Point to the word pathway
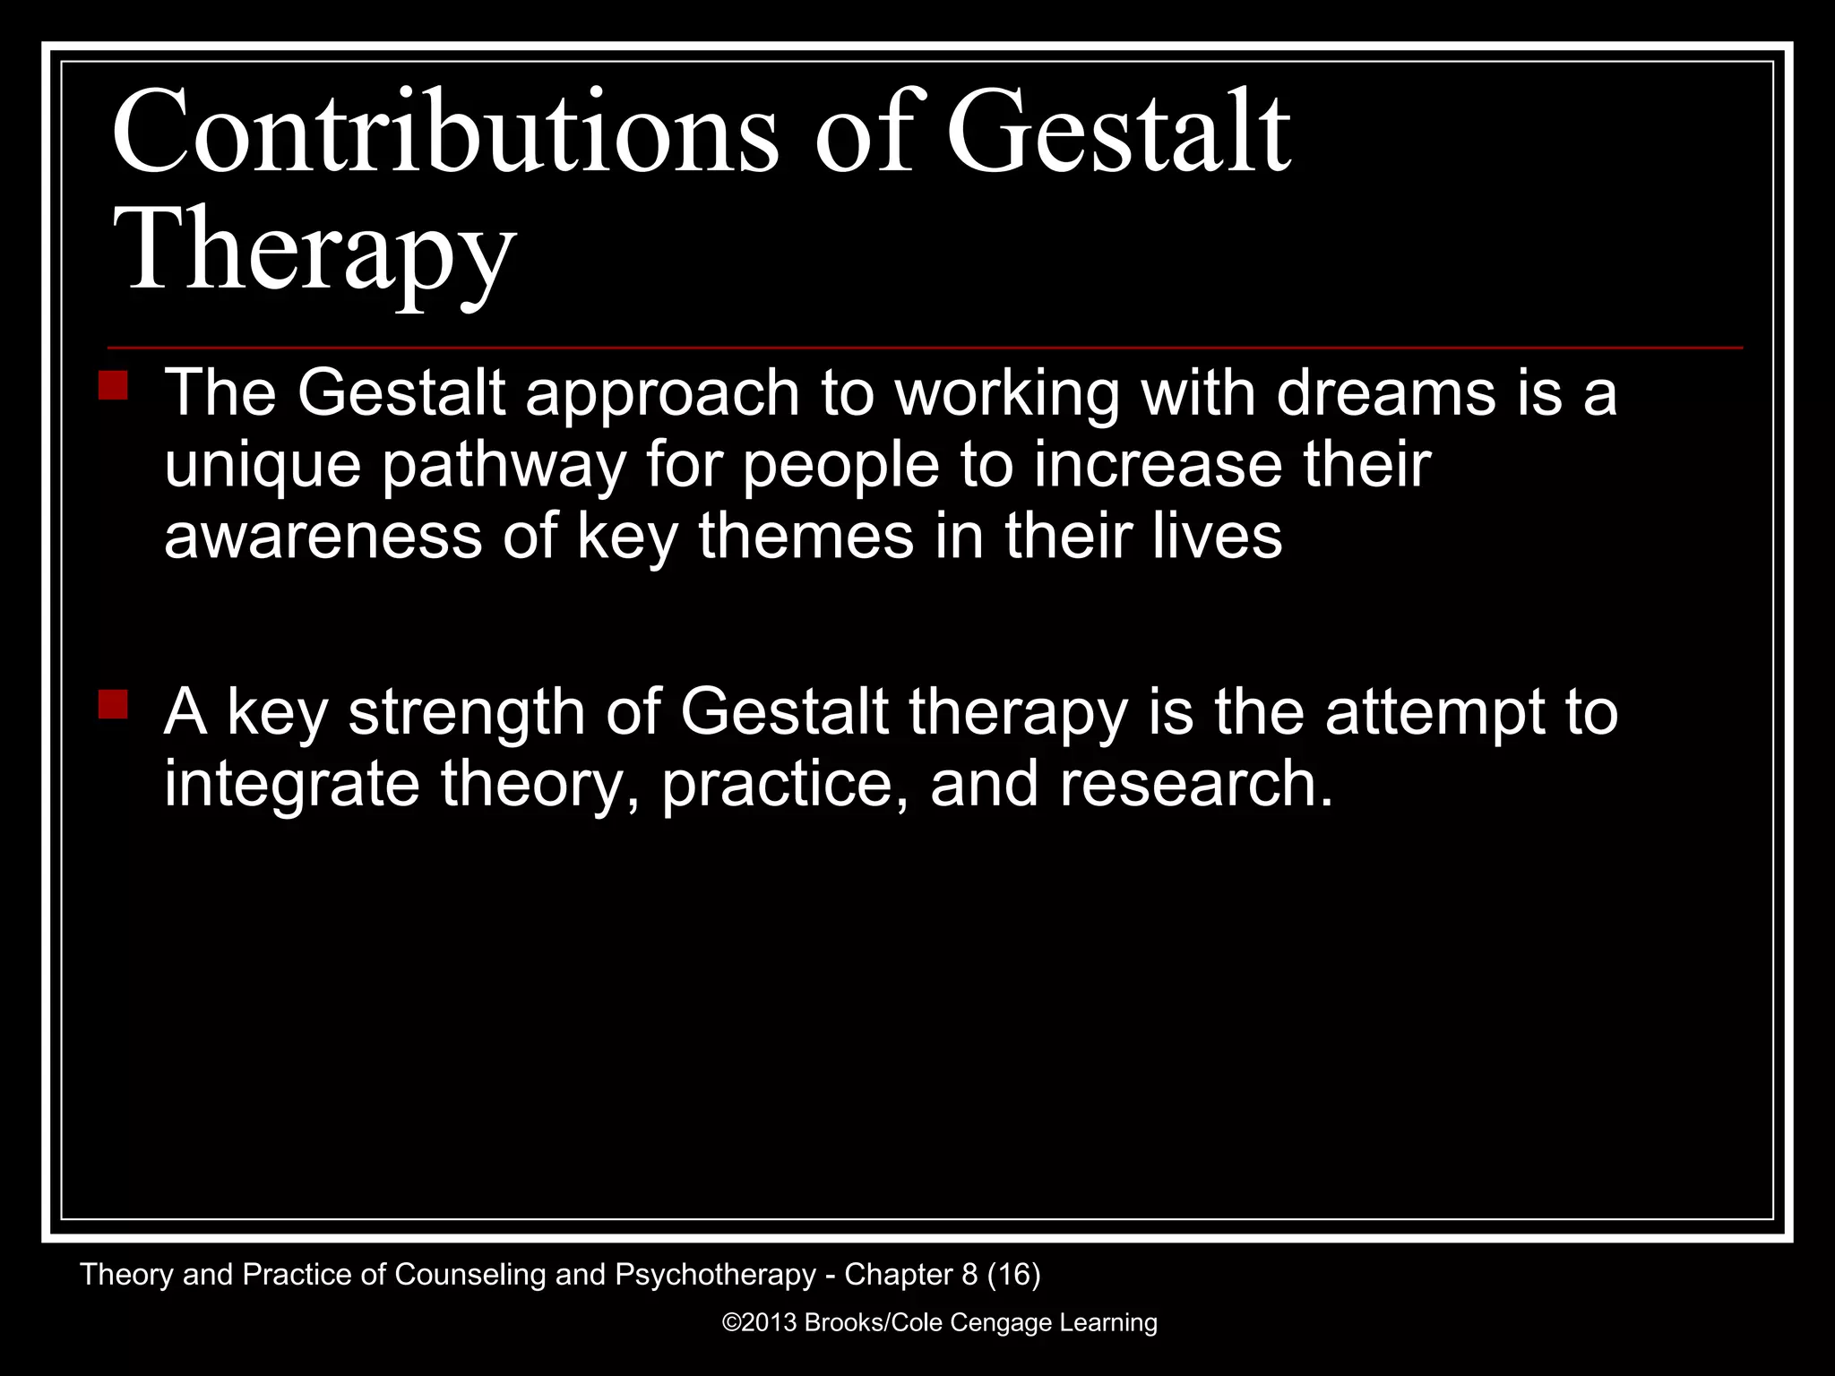click(x=504, y=466)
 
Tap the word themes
click(x=806, y=536)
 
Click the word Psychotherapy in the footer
click(x=715, y=1275)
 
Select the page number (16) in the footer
click(x=1013, y=1275)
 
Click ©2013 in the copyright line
click(x=759, y=1323)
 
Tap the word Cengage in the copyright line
click(x=1000, y=1323)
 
